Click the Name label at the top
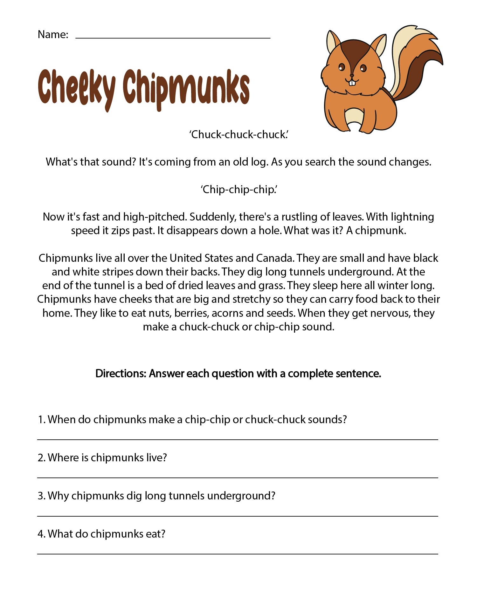click(x=53, y=34)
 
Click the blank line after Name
click(x=173, y=37)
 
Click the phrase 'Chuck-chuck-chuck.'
click(x=239, y=135)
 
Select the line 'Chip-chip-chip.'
click(x=239, y=190)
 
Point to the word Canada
click(x=274, y=258)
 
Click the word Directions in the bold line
click(x=121, y=374)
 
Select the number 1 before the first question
click(x=41, y=420)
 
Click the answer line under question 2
click(x=238, y=478)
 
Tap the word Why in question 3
click(x=58, y=496)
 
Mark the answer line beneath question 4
click(x=238, y=554)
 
